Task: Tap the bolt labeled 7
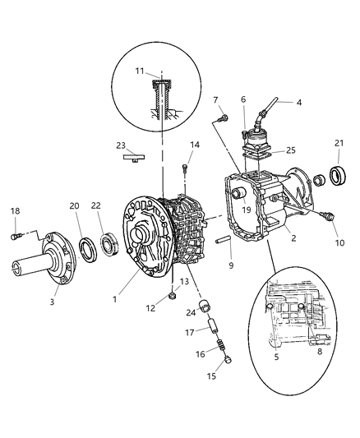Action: [x=223, y=120]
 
